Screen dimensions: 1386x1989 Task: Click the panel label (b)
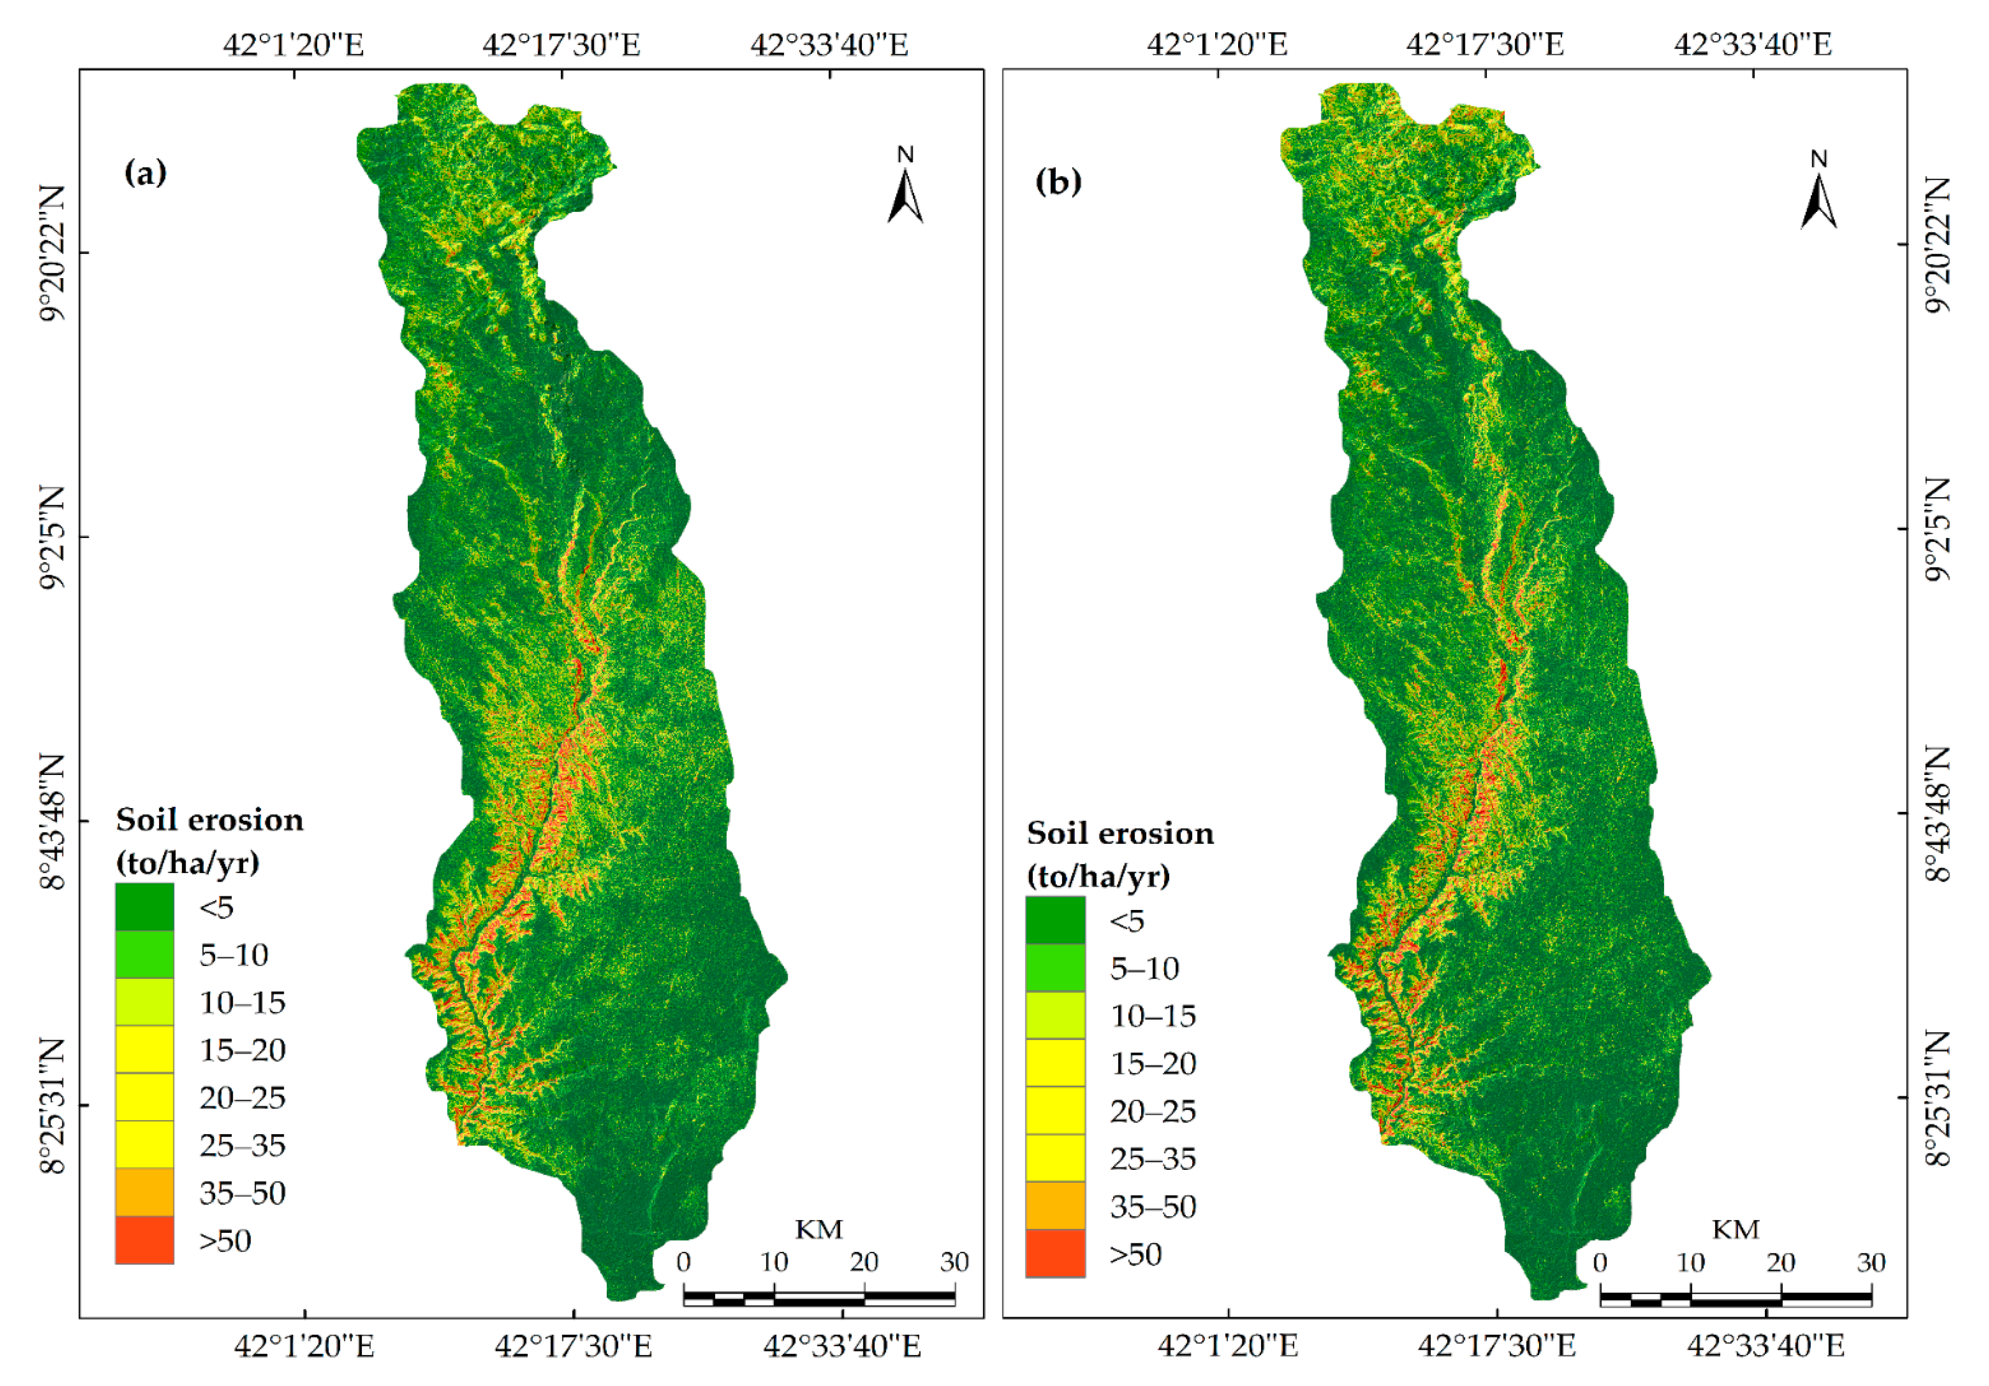[1058, 182]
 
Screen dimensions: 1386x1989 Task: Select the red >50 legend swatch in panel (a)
[145, 1240]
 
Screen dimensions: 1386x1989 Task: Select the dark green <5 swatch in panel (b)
[1055, 920]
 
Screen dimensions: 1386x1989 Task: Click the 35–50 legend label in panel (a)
[242, 1193]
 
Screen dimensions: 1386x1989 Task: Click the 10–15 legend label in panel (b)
[1153, 1015]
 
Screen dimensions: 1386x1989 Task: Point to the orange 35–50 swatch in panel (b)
[1055, 1205]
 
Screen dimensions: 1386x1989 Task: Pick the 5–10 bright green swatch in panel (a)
[145, 955]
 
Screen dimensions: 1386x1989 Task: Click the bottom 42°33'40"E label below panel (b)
[1765, 1345]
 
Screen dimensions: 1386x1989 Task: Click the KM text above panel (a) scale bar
[819, 1229]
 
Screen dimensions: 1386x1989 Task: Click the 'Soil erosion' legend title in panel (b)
[1120, 833]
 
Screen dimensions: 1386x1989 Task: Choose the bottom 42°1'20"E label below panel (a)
[304, 1345]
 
